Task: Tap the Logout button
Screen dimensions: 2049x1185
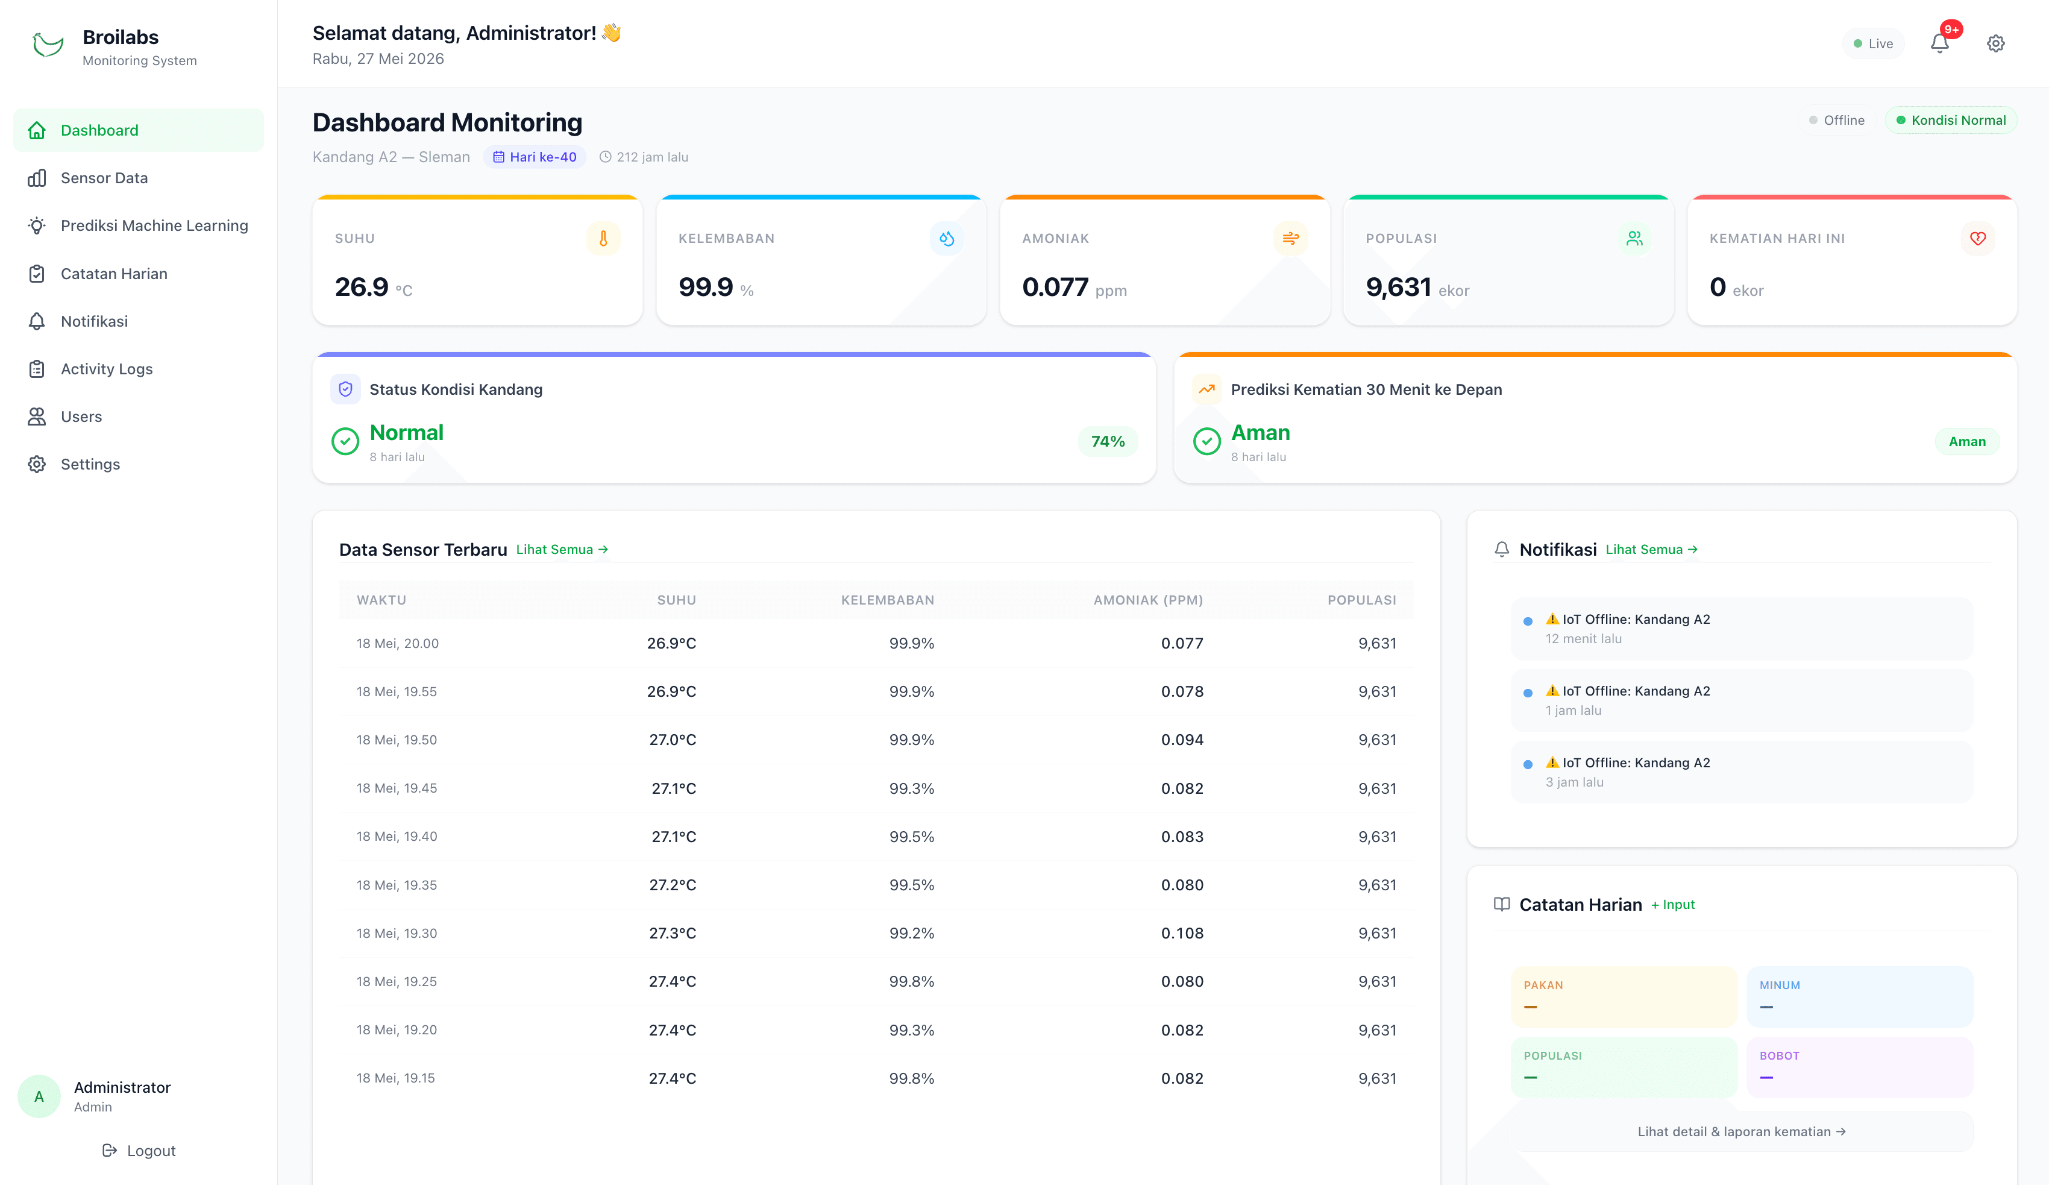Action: (139, 1150)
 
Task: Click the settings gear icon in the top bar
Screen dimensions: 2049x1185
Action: (1995, 43)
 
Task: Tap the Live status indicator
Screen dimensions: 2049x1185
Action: (1874, 44)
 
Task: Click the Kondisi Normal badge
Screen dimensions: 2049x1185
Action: (1951, 121)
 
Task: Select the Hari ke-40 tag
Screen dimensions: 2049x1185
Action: (535, 157)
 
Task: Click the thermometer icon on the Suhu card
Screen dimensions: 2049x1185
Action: (603, 238)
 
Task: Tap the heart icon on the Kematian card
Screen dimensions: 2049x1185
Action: (1977, 238)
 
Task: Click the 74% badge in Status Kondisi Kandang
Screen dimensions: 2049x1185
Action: (1108, 442)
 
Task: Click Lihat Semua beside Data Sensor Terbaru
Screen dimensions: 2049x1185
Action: (562, 550)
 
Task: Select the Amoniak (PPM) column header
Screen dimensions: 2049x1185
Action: (1148, 600)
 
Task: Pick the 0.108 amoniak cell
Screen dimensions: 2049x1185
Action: (1182, 933)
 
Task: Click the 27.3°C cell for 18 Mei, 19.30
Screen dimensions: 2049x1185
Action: (673, 933)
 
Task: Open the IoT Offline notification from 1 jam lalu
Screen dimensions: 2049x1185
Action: (1742, 700)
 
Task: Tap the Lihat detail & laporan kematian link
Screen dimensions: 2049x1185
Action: (1742, 1131)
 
